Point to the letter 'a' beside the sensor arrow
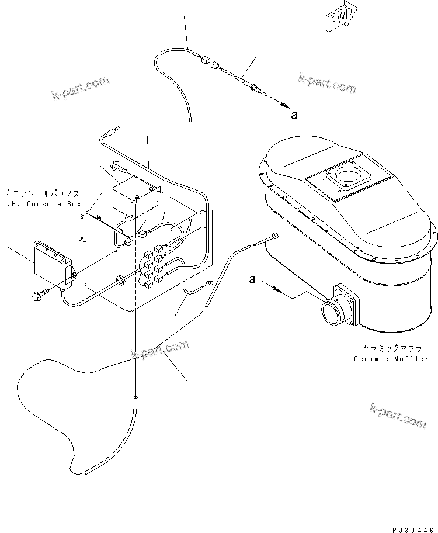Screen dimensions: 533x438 click(x=294, y=115)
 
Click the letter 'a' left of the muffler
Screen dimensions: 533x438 click(x=252, y=280)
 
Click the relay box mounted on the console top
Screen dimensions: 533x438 click(x=134, y=198)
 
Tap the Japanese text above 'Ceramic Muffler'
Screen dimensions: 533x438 click(x=395, y=347)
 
